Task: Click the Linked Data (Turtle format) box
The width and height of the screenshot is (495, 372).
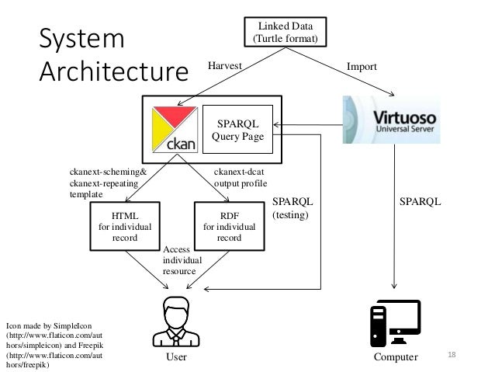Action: (x=286, y=32)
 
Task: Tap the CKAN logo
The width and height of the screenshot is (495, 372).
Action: (x=175, y=130)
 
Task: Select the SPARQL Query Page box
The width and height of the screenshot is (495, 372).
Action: (x=237, y=129)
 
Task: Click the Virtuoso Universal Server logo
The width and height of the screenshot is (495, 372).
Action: (x=392, y=120)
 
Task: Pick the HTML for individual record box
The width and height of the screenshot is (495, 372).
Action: (x=125, y=226)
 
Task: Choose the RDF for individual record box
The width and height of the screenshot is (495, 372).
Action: (x=230, y=226)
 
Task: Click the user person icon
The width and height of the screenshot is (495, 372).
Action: (x=176, y=322)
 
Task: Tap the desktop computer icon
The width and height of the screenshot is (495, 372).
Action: (x=396, y=323)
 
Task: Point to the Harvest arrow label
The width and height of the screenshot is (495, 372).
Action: (x=225, y=65)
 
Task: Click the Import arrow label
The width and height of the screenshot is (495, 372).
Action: (x=362, y=66)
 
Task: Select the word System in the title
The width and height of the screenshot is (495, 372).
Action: (x=81, y=39)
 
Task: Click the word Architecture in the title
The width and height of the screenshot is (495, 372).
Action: (x=113, y=71)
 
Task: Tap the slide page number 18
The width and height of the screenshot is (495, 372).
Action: (x=452, y=354)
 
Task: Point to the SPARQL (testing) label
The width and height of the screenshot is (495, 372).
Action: (x=292, y=208)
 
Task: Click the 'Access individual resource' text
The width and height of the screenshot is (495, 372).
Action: (x=182, y=260)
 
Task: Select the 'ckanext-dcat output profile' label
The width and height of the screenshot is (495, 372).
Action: (x=241, y=178)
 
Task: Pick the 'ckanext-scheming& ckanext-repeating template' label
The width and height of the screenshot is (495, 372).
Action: (x=108, y=183)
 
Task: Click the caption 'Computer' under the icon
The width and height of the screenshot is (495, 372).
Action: (x=396, y=356)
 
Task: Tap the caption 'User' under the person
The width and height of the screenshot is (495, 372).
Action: (x=176, y=356)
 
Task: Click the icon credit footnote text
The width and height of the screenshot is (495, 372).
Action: (x=54, y=345)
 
